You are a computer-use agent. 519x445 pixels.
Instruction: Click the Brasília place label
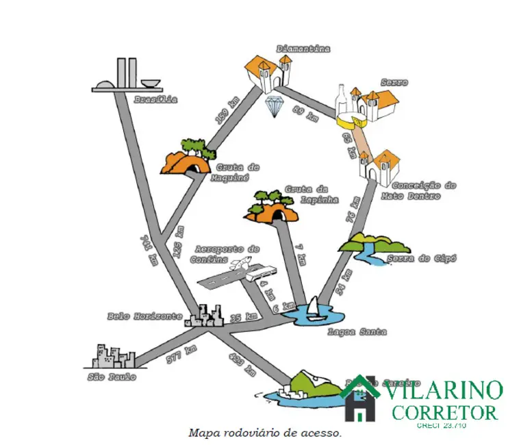(155, 99)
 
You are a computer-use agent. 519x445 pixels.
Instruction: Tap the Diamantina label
(303, 49)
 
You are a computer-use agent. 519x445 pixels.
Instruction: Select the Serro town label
(395, 83)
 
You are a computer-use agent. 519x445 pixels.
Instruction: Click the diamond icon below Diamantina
(275, 104)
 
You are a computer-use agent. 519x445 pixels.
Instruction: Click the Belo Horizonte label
(144, 316)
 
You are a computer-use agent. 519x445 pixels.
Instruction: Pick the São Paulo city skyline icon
(114, 357)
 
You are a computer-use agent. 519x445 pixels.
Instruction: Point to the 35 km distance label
(244, 318)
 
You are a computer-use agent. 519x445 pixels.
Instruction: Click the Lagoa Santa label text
(357, 332)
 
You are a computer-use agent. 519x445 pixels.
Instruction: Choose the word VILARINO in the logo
(446, 392)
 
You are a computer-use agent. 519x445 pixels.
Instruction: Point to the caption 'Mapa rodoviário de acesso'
(264, 433)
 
